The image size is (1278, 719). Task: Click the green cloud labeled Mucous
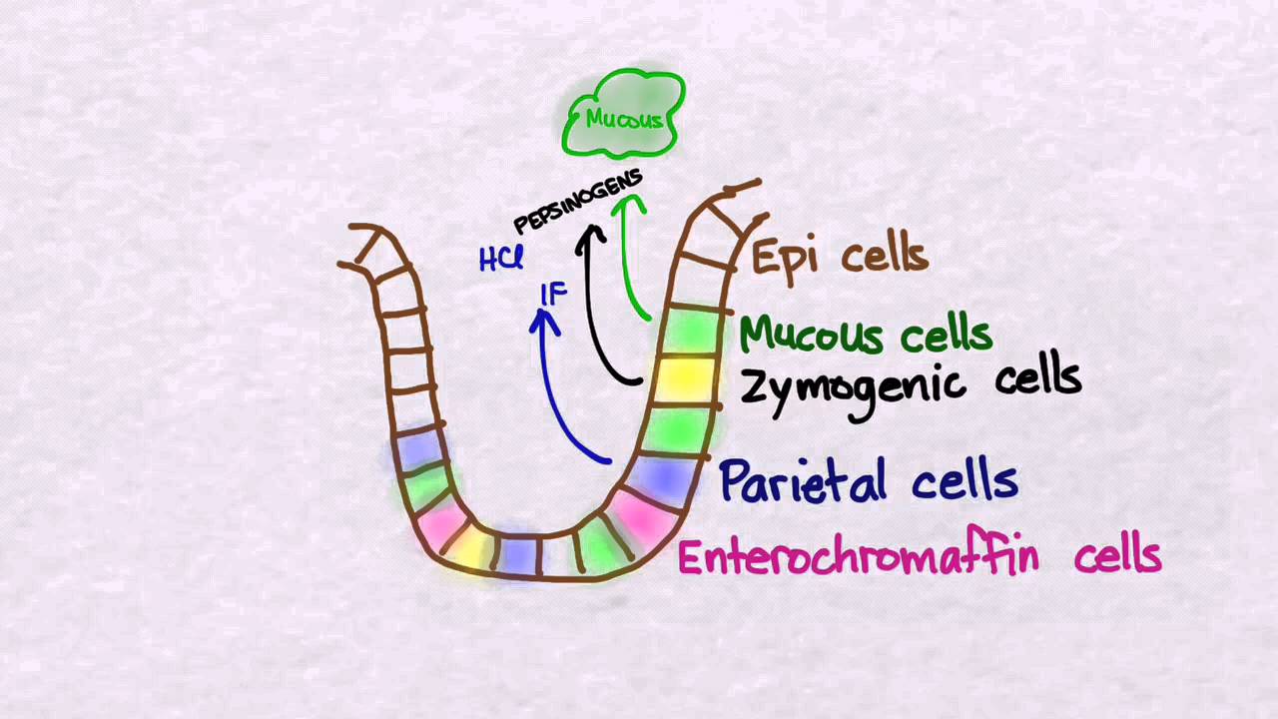click(623, 114)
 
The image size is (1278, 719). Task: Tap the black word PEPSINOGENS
click(578, 202)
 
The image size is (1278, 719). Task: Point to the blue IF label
click(554, 295)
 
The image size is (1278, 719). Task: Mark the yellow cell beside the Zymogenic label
click(684, 379)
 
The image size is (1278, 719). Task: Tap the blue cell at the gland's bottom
click(518, 554)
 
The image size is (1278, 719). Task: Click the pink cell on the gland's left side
click(442, 524)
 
